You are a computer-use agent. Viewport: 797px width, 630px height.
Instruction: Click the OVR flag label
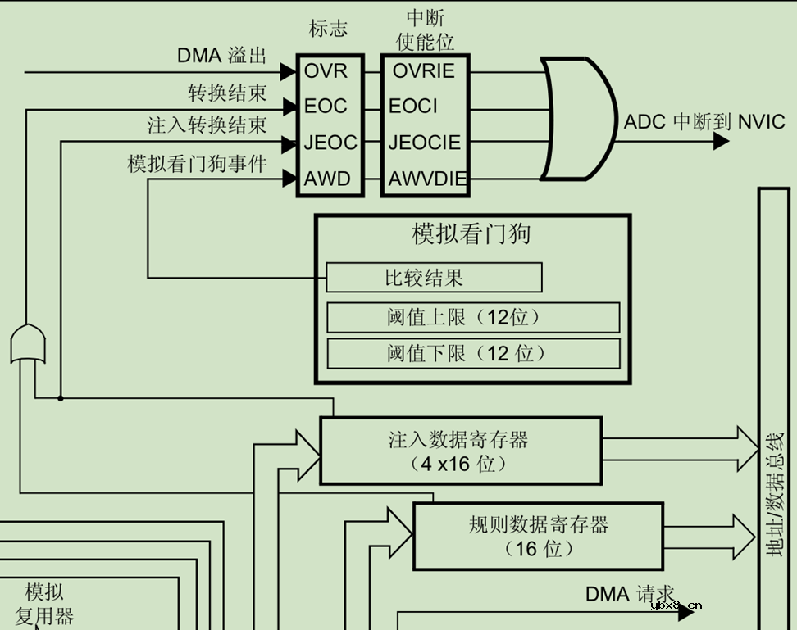pos(326,71)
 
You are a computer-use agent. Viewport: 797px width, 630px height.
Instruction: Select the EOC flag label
pos(326,107)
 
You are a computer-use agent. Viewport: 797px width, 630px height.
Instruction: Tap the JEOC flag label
pos(330,143)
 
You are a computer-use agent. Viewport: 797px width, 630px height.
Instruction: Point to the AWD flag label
pos(327,179)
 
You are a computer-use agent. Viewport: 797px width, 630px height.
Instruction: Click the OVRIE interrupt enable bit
pos(423,71)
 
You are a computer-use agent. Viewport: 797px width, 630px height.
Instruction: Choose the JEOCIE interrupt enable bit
pos(425,143)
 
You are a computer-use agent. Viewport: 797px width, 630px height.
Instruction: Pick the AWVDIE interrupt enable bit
pos(427,179)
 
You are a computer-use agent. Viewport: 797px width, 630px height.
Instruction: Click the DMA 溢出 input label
pos(222,56)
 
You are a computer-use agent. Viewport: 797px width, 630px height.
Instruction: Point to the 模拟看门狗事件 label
pos(198,164)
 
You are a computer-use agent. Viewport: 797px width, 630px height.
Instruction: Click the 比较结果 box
pos(434,278)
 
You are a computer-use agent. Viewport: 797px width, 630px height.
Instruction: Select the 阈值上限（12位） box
pos(473,317)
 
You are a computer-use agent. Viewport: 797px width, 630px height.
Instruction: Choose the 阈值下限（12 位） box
pos(473,353)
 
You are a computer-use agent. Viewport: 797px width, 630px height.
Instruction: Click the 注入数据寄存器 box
pos(460,451)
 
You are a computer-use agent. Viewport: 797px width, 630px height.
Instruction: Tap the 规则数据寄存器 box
pos(538,536)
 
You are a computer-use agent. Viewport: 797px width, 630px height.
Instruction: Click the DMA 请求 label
pos(629,594)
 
